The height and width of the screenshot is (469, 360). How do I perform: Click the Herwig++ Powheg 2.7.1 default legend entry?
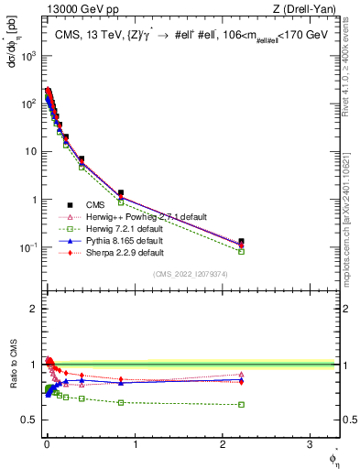click(x=138, y=216)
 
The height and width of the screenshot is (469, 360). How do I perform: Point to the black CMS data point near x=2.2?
click(x=241, y=242)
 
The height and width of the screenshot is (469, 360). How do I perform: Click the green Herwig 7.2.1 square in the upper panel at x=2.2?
click(x=241, y=251)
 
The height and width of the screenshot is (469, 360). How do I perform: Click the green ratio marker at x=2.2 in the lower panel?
click(x=241, y=404)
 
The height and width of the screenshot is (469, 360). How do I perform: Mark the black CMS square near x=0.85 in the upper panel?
click(x=121, y=193)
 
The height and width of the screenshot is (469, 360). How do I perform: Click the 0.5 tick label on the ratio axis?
click(x=31, y=420)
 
